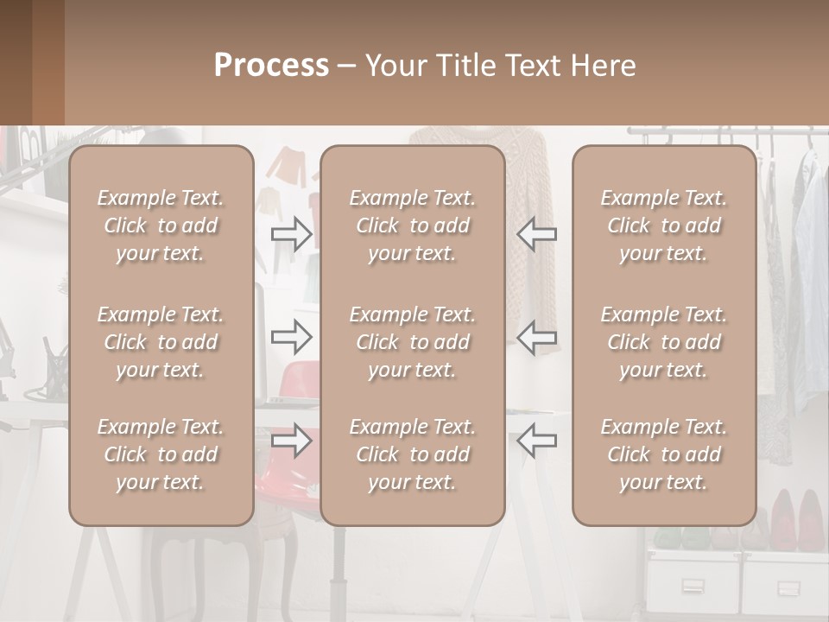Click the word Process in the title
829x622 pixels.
[271, 66]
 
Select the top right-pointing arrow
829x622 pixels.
[292, 233]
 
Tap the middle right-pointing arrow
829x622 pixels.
[292, 337]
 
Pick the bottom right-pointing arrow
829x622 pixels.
[292, 441]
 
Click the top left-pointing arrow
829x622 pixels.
[537, 233]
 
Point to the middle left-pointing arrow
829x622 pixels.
[537, 337]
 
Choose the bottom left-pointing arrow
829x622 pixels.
[537, 441]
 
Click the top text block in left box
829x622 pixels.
[161, 225]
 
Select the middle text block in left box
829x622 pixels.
[161, 342]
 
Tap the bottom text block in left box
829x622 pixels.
[161, 454]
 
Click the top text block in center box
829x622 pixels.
[412, 225]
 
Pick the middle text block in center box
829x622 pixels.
[412, 342]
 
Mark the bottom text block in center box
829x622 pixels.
[412, 454]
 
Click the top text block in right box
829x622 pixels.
[663, 225]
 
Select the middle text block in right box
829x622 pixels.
[663, 342]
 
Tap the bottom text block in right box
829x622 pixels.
[663, 454]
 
